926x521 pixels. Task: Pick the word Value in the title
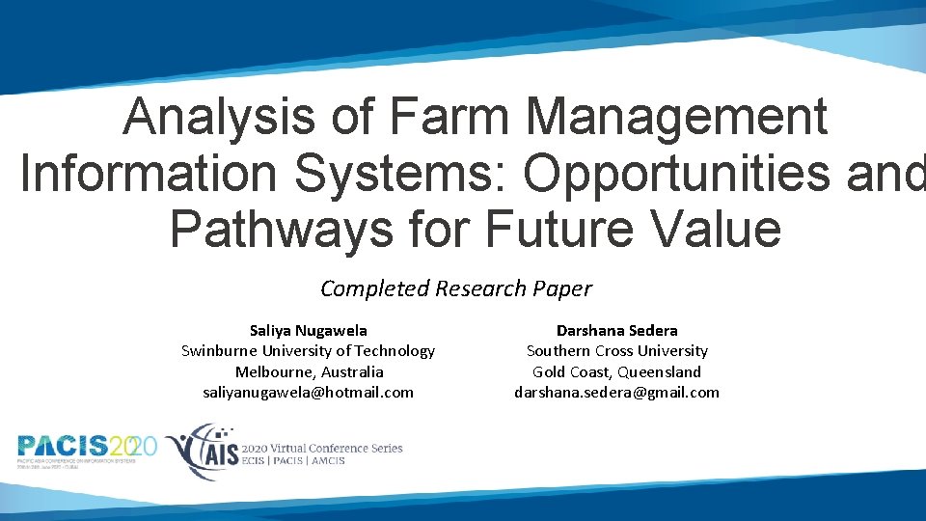[718, 229]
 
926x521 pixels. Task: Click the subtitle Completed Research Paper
[456, 288]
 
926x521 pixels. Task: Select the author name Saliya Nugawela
[308, 330]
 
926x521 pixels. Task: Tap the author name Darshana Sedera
[616, 330]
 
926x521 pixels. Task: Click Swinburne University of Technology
[308, 351]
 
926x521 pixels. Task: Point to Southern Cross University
[616, 351]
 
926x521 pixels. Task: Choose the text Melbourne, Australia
[309, 371]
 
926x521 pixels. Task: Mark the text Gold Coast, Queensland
[616, 371]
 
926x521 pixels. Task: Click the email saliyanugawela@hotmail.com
[308, 392]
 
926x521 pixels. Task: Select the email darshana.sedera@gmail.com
[616, 392]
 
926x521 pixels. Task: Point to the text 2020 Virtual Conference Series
[322, 448]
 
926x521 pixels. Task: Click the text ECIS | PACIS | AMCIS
[293, 461]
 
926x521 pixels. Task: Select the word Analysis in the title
[219, 118]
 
